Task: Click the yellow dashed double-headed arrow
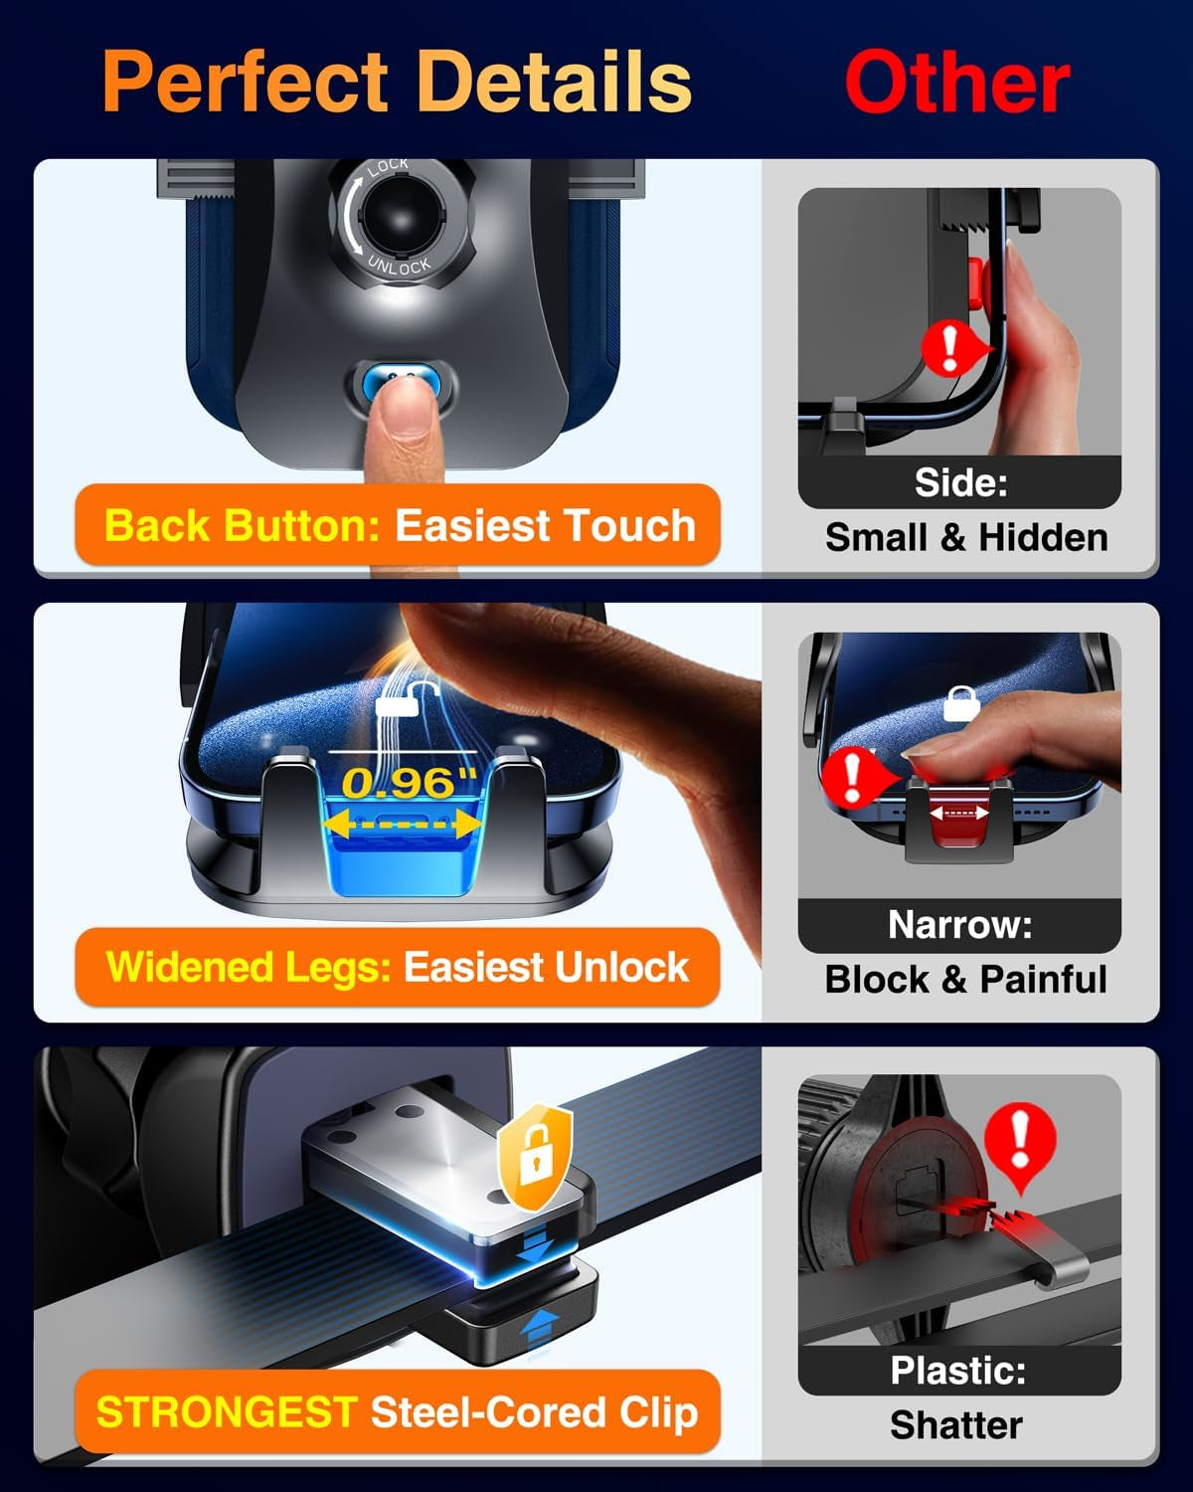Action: [403, 825]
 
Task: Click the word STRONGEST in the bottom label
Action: [227, 1412]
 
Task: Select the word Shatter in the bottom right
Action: [955, 1425]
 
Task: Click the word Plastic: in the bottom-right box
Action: [957, 1371]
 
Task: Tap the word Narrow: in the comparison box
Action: [959, 925]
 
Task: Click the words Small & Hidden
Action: [965, 537]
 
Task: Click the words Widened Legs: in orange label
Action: [249, 967]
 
